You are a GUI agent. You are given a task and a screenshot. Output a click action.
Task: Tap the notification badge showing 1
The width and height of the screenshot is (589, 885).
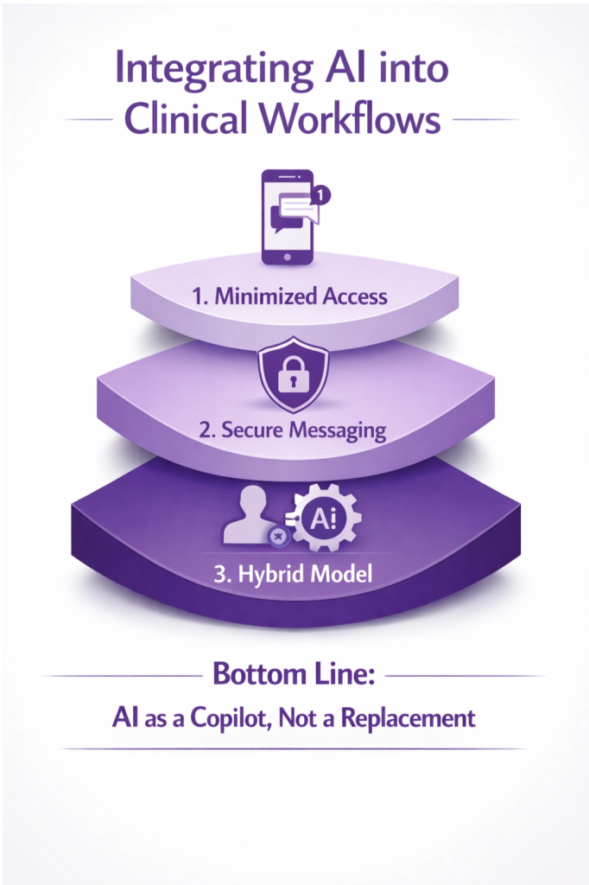point(321,195)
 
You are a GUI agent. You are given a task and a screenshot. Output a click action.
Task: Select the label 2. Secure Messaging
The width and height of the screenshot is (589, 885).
point(293,430)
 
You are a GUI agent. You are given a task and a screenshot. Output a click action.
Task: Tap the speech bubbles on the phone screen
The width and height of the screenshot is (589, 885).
point(290,213)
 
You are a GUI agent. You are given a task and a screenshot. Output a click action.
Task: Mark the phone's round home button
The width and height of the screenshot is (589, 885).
point(287,255)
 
